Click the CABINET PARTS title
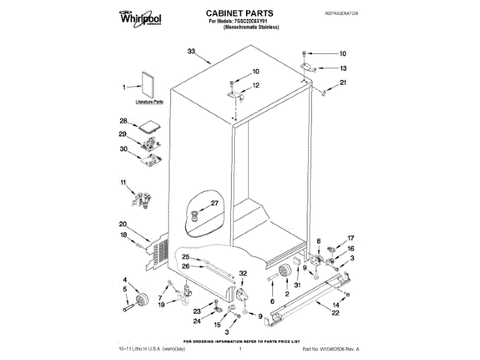click(239, 13)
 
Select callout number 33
click(191, 51)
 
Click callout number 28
click(123, 120)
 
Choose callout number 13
click(343, 67)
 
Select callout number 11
click(124, 182)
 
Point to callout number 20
click(122, 224)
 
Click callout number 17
click(350, 238)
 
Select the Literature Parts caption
click(149, 101)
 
